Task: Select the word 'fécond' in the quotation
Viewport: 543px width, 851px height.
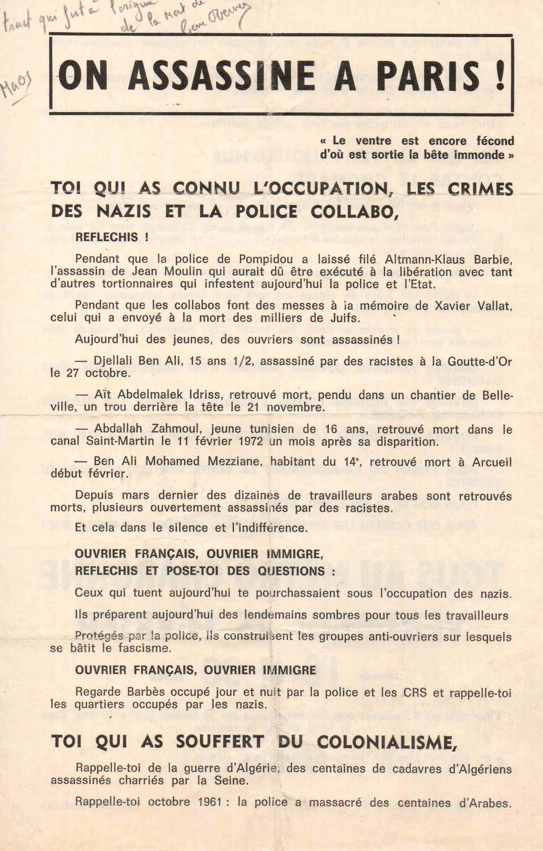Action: pos(494,141)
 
